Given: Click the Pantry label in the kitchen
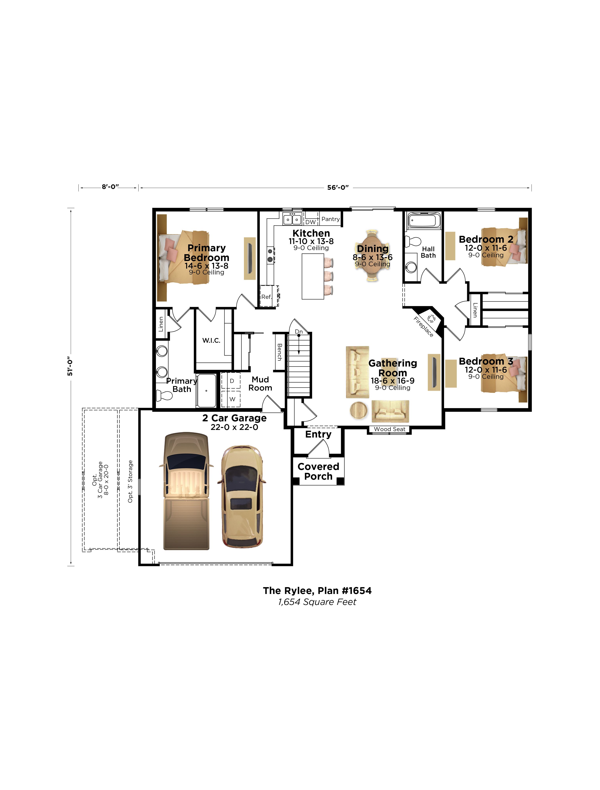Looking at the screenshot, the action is click(x=330, y=219).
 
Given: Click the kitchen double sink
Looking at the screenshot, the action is click(x=292, y=219).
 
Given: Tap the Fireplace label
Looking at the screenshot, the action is click(x=423, y=326).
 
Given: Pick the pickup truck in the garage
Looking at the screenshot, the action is click(x=186, y=491).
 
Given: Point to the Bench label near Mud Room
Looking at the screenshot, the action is click(x=279, y=352).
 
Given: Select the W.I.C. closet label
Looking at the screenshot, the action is click(x=211, y=340).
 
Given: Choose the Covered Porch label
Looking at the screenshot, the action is click(x=318, y=471).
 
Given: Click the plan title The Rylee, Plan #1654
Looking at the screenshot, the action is click(x=317, y=591).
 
